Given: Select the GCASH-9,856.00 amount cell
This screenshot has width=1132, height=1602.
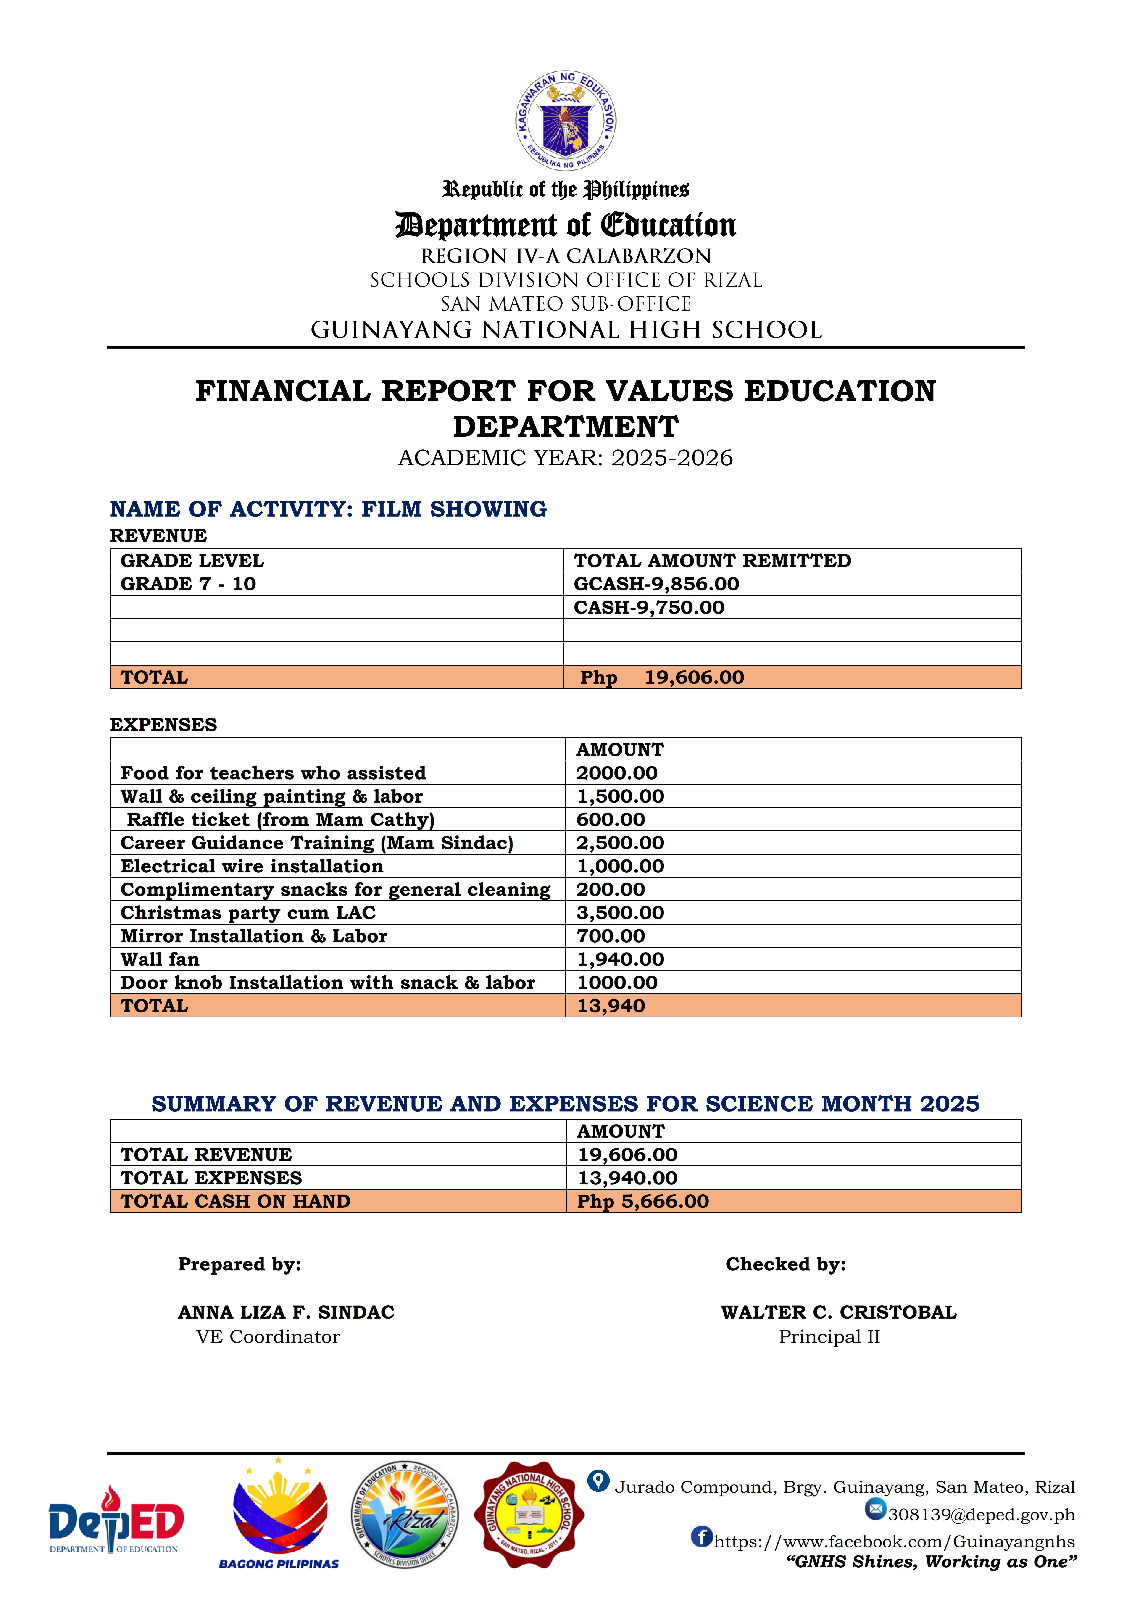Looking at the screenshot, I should [656, 584].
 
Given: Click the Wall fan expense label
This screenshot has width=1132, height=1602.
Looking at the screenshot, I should [160, 959].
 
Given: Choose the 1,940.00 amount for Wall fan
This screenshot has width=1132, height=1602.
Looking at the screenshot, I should [620, 959].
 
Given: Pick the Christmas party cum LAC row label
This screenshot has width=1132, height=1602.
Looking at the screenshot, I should [247, 913].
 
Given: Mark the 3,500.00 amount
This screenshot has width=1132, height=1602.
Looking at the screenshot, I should [620, 913].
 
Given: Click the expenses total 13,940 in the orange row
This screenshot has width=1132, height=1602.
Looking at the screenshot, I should [611, 1006].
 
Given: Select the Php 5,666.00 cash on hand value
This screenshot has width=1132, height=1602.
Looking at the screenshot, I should [642, 1201].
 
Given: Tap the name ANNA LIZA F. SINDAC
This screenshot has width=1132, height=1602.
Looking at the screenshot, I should [286, 1312].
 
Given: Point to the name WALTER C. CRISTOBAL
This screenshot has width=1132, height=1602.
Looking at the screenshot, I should [838, 1312].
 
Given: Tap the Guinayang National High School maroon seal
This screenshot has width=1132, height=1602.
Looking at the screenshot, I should [529, 1514].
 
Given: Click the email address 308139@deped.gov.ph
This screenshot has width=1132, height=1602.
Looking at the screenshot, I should [981, 1515].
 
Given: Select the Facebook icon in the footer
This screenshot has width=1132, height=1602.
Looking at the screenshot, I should [702, 1536].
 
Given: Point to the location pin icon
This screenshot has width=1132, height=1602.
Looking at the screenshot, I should [598, 1481].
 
